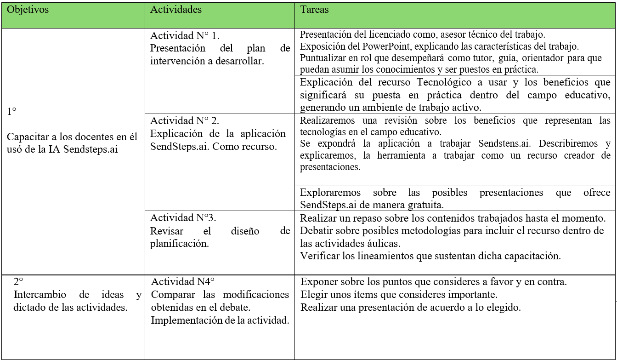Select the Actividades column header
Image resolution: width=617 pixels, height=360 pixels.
176,10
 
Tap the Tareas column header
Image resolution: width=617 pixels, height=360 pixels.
314,10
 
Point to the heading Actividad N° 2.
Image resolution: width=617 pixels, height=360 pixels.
185,121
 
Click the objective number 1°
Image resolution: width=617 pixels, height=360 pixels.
12,111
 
